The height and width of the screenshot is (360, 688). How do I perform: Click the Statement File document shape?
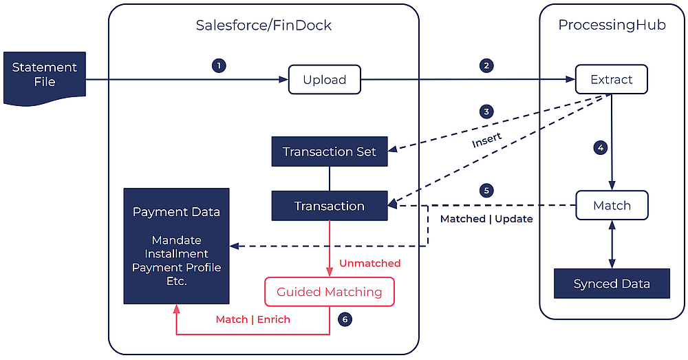click(x=45, y=76)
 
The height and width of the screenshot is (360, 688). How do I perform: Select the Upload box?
click(x=325, y=80)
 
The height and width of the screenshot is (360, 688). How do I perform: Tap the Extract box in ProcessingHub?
click(x=611, y=79)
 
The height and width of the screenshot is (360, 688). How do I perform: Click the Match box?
click(x=612, y=205)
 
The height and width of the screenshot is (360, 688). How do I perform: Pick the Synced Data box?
click(x=612, y=284)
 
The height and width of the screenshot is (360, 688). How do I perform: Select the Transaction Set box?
click(x=330, y=151)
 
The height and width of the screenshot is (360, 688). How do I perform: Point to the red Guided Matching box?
click(x=330, y=292)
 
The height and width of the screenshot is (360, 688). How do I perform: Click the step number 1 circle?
click(x=219, y=66)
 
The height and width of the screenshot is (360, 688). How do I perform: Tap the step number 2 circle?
click(x=486, y=66)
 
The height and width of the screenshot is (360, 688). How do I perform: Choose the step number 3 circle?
click(x=486, y=112)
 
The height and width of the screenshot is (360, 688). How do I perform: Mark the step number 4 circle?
click(x=601, y=147)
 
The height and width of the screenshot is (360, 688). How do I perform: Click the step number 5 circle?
click(x=486, y=190)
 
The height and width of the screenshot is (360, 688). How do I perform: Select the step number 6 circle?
click(x=345, y=319)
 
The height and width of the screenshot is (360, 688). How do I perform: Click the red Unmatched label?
click(x=369, y=263)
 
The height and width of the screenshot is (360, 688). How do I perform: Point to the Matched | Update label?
click(x=486, y=219)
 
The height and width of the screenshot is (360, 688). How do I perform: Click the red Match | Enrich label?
click(x=253, y=319)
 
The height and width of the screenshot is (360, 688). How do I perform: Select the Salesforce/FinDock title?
click(x=264, y=25)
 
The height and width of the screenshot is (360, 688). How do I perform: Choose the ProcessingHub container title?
click(x=612, y=25)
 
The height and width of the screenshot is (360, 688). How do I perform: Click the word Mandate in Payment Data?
click(x=176, y=240)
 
